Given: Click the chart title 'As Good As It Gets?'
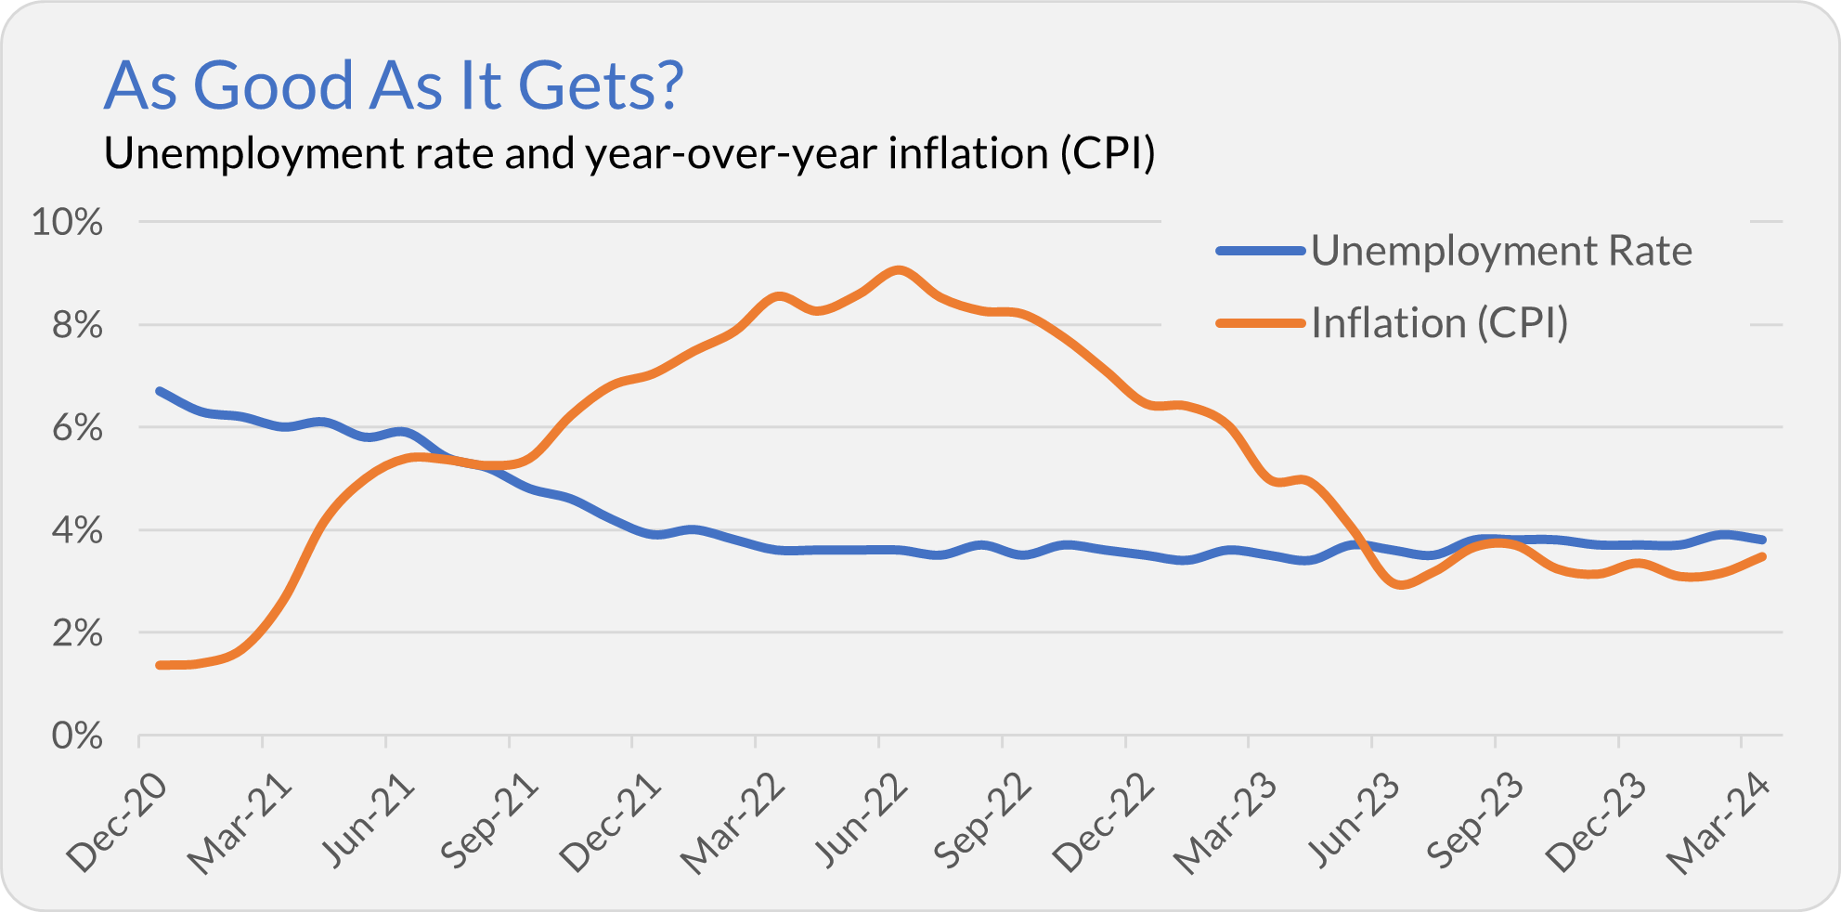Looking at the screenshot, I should (394, 85).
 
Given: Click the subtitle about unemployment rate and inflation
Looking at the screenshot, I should (629, 154).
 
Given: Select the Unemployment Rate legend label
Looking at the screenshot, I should (1501, 252).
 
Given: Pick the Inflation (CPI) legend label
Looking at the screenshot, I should (1439, 323).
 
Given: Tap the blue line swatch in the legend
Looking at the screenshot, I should (1261, 251).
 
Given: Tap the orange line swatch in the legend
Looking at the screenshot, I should (1261, 323).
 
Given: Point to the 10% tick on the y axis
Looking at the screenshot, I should (68, 223).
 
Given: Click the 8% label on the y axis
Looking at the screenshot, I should (76, 326).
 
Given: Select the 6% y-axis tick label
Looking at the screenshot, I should (76, 428).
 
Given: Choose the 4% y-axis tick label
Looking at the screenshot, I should (76, 531).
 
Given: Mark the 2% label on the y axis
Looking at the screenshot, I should (76, 634).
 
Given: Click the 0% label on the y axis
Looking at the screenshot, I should (76, 736).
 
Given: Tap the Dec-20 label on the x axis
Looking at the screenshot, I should (118, 823).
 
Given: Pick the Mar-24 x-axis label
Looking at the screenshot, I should (1719, 823).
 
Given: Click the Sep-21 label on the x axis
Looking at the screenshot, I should (489, 821).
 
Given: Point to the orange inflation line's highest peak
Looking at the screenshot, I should (898, 270).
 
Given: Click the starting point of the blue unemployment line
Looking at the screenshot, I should (160, 391).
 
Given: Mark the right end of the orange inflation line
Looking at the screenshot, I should (1762, 556).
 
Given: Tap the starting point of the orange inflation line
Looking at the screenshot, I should (160, 665).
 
